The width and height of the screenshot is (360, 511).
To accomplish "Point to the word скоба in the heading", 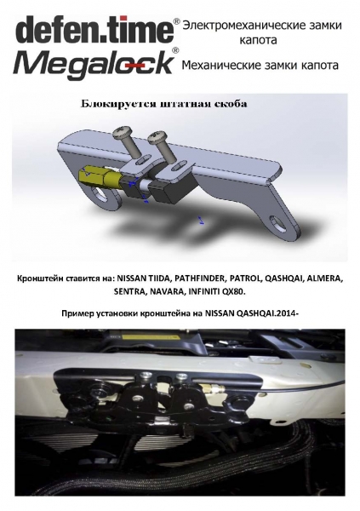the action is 231,104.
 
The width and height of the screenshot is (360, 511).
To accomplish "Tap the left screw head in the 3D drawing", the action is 123,132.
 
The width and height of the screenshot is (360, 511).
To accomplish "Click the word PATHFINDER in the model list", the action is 200,279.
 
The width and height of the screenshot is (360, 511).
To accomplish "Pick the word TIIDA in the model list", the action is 161,279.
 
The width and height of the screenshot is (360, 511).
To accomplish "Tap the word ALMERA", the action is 324,279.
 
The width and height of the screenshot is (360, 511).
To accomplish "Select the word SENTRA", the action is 129,291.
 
